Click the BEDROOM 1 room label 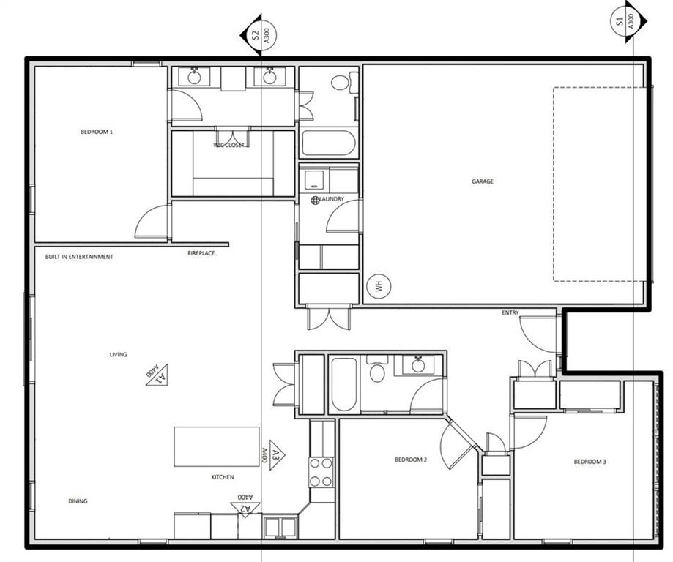point(97,132)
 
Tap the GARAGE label point(483,181)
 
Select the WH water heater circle point(379,286)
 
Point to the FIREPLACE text point(201,253)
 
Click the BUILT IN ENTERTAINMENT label point(79,257)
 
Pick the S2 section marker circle point(263,34)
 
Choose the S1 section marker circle point(625,20)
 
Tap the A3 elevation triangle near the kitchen point(277,454)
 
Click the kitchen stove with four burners point(321,472)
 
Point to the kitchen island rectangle point(217,446)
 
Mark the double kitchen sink point(280,528)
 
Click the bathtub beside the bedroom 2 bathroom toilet point(343,385)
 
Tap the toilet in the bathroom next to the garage point(344,82)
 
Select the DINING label point(78,501)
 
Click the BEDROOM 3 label point(590,462)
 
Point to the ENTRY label point(510,312)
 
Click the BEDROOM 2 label point(411,460)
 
